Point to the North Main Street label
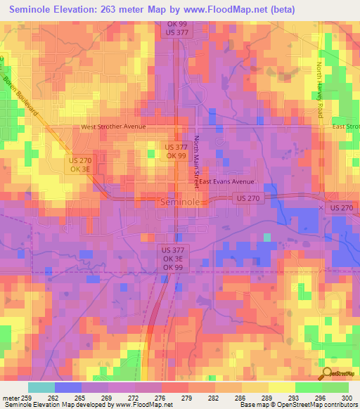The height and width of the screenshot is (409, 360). click(x=197, y=160)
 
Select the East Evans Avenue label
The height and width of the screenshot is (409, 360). click(x=226, y=181)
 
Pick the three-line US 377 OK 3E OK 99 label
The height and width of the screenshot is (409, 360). click(x=172, y=259)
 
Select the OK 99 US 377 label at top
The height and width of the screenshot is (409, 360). click(x=176, y=28)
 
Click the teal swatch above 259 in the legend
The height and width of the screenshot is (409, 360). click(x=41, y=387)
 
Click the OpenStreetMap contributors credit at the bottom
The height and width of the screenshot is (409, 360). click(x=316, y=405)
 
